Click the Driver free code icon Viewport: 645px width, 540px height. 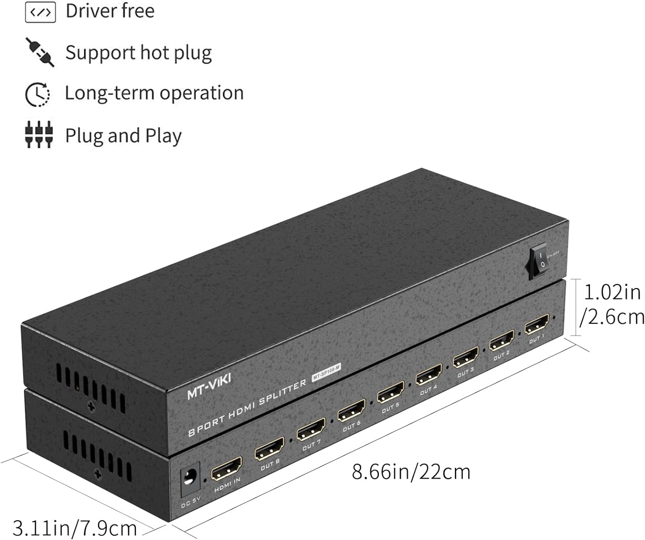click(40, 12)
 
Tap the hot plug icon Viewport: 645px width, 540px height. click(40, 52)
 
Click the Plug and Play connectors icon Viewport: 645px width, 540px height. click(39, 135)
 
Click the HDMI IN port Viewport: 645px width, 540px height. click(227, 469)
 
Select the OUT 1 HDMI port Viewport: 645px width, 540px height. click(537, 324)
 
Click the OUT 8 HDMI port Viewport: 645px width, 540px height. click(269, 449)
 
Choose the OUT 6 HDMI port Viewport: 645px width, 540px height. click(351, 411)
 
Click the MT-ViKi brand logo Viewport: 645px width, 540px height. click(209, 386)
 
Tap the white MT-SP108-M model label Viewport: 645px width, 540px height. click(326, 373)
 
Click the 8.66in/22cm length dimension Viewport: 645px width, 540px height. click(411, 472)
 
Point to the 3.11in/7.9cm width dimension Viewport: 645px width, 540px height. click(74, 528)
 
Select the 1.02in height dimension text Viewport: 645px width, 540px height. click(612, 292)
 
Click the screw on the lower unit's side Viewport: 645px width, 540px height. click(98, 474)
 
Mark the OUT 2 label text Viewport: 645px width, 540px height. click(501, 355)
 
